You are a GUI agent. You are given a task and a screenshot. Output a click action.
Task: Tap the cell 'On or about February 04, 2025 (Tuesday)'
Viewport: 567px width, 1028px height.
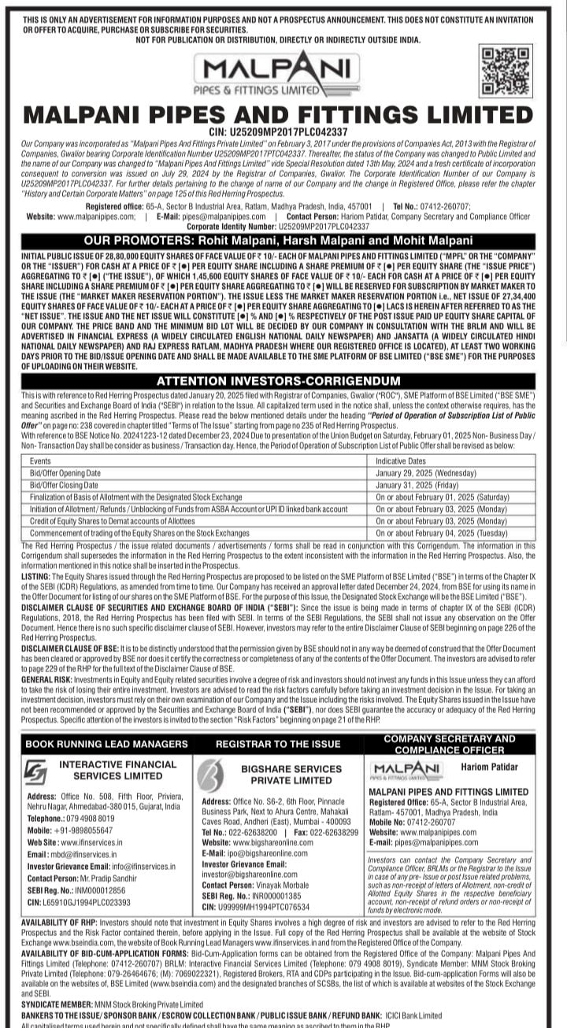tap(441, 533)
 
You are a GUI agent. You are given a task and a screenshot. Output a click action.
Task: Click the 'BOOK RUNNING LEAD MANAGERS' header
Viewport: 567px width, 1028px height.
tap(106, 743)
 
